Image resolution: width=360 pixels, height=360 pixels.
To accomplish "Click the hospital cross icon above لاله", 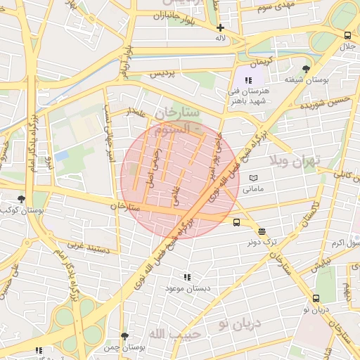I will [220, 27].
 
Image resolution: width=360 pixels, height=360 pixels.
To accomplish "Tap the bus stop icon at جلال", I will [347, 35].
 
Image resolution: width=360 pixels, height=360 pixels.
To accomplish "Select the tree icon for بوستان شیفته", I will [305, 69].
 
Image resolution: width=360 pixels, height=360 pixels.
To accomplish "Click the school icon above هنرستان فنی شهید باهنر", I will [248, 81].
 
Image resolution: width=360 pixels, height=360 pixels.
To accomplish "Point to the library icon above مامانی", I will [253, 179].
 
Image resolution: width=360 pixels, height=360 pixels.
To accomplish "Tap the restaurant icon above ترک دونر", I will [262, 231].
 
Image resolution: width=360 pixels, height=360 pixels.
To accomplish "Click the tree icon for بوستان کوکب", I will [22, 200].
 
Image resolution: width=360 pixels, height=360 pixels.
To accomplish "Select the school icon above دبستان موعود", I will [186, 278].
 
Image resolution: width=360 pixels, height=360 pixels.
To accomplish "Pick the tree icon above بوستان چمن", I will [124, 337].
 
